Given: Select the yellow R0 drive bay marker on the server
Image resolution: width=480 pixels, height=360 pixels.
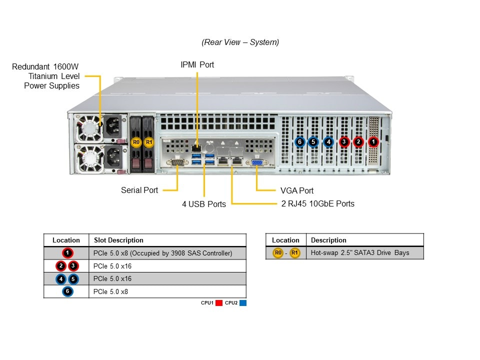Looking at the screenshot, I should pos(136,142).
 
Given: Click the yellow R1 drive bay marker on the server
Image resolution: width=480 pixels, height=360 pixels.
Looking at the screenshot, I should pos(148,142).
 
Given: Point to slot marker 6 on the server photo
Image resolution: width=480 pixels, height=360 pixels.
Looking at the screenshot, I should pos(299,142).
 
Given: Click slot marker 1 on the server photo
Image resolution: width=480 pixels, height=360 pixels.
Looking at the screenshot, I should pos(373,142).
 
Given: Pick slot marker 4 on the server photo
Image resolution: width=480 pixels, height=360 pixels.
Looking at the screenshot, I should pos(328,142).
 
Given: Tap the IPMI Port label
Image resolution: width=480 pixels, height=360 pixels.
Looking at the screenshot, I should pos(197,64).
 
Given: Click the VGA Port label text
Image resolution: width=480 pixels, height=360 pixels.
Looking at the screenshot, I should pos(297,190).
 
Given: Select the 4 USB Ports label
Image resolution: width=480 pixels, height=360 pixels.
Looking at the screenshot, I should pos(203,204).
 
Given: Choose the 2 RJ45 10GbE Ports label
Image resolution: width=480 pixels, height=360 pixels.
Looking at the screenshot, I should pos(318,203).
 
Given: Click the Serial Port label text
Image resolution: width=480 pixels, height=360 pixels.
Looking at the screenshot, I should pos(139,190).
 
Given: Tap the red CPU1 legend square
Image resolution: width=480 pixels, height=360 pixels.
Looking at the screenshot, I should pos(218,303).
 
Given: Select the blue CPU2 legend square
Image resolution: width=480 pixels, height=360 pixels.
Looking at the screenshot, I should pos(242,303).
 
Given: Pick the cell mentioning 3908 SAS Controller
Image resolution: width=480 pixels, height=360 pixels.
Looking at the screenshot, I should pos(162,253).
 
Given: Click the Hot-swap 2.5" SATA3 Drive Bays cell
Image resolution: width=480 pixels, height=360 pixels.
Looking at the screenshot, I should pos(360,253).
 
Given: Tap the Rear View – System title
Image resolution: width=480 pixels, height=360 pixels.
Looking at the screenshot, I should pos(240,42).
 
